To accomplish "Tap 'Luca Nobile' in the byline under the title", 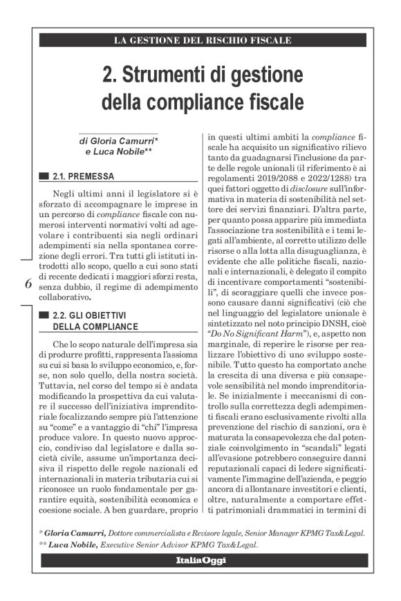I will [x=116, y=152].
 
